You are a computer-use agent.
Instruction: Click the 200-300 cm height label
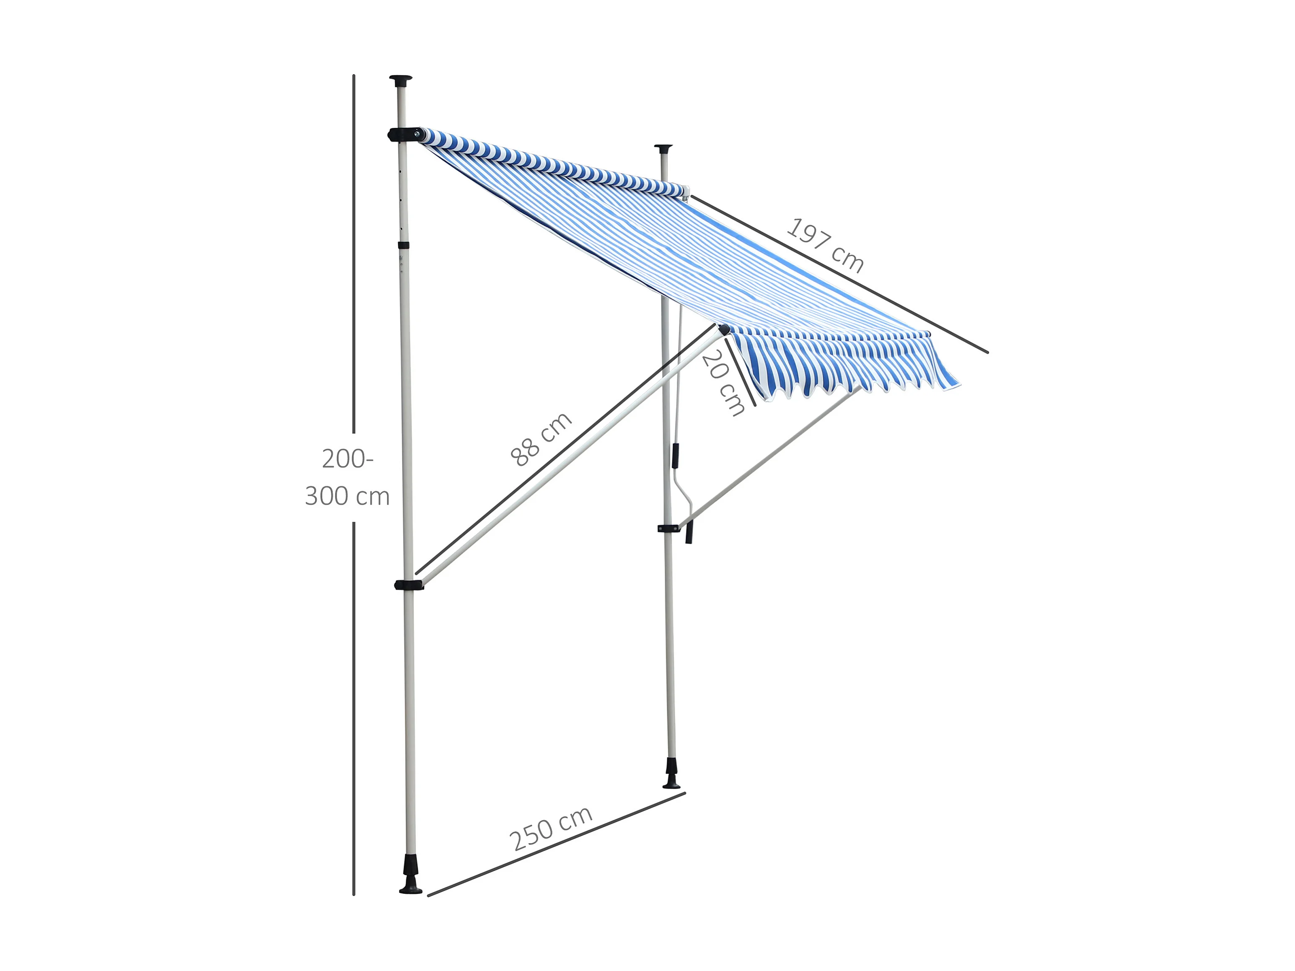[x=347, y=477]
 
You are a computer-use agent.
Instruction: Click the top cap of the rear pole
[x=663, y=148]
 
